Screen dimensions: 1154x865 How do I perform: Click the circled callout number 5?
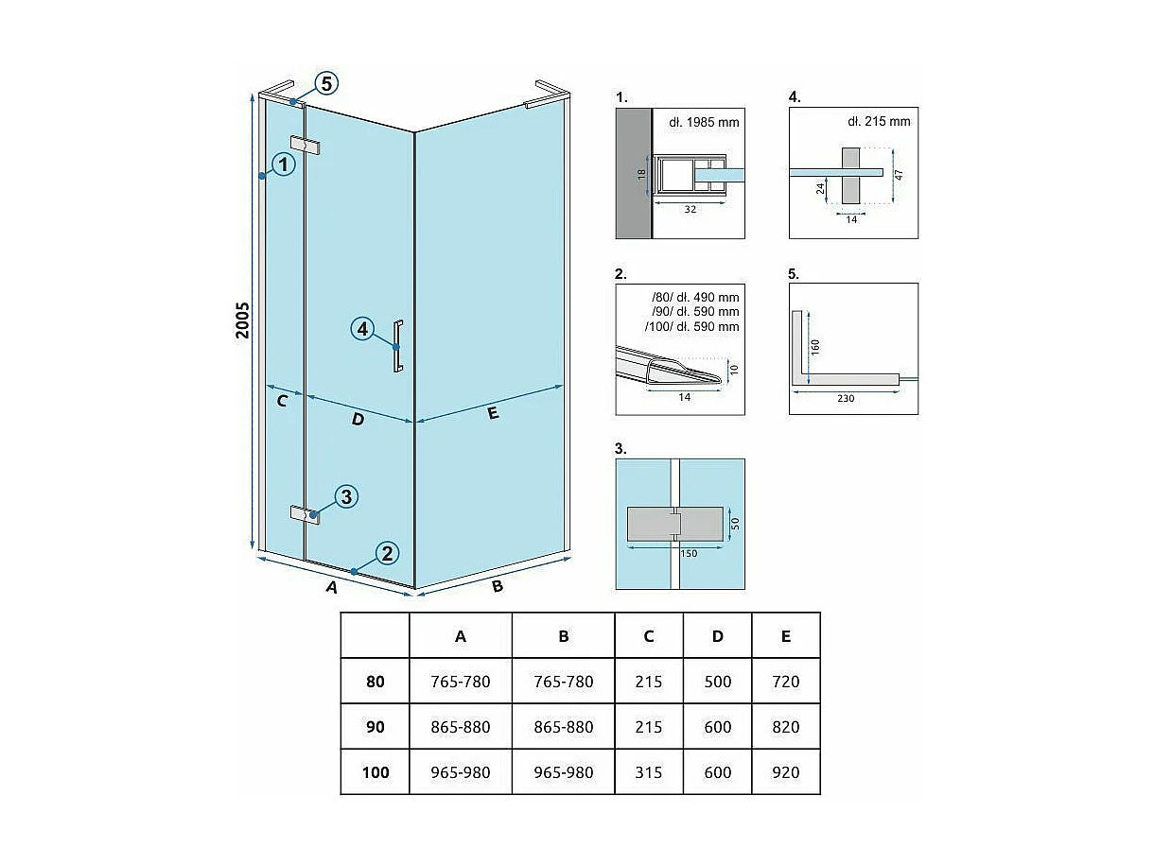(325, 83)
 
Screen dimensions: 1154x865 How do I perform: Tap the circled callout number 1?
(283, 165)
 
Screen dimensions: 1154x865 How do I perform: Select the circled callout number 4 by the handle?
(362, 330)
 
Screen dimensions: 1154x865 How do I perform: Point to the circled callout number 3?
(347, 496)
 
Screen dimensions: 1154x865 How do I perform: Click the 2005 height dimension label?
(243, 322)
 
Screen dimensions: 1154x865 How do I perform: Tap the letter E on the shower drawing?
(493, 413)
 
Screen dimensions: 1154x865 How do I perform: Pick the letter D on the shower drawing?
(358, 419)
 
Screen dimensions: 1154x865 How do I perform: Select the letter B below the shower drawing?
(498, 586)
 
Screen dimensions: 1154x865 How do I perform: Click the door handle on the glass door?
(399, 347)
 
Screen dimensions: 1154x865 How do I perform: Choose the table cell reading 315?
(649, 772)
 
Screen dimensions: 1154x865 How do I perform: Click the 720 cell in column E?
(786, 682)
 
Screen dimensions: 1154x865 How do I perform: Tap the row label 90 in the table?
(376, 727)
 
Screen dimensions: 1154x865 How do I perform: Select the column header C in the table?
(649, 636)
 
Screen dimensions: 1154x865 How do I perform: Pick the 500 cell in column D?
(718, 682)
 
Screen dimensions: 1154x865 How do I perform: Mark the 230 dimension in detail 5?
(846, 399)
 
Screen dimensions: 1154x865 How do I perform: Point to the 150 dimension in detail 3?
(689, 554)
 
